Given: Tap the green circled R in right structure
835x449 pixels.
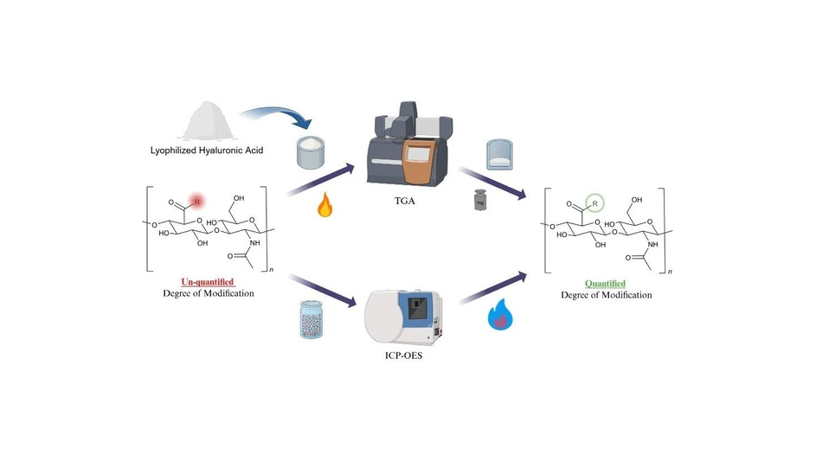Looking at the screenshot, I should [595, 203].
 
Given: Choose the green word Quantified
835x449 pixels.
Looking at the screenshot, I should [605, 283].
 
